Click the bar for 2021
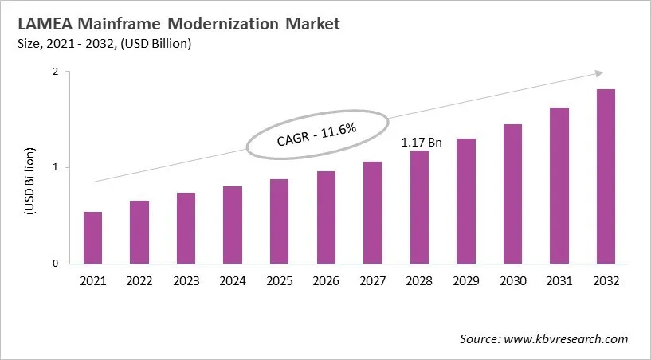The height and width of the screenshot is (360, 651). click(x=92, y=237)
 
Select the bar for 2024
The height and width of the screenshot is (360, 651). click(x=232, y=225)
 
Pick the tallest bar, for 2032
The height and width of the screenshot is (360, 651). click(x=606, y=176)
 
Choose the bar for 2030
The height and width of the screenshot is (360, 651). click(x=512, y=194)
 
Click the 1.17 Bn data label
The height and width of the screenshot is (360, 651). click(x=421, y=142)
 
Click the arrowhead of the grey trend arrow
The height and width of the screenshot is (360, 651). click(x=598, y=73)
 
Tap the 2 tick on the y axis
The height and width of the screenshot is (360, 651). click(x=55, y=72)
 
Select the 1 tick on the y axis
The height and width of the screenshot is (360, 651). click(x=55, y=168)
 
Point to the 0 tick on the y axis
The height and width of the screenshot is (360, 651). click(x=55, y=264)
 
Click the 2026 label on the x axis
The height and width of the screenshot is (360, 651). click(x=326, y=280)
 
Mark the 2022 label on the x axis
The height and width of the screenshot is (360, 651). click(x=139, y=280)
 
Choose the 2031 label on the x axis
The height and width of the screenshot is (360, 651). click(x=559, y=280)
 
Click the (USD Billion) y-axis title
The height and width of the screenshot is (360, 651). click(x=29, y=181)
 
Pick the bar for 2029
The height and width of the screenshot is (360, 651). click(x=466, y=201)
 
